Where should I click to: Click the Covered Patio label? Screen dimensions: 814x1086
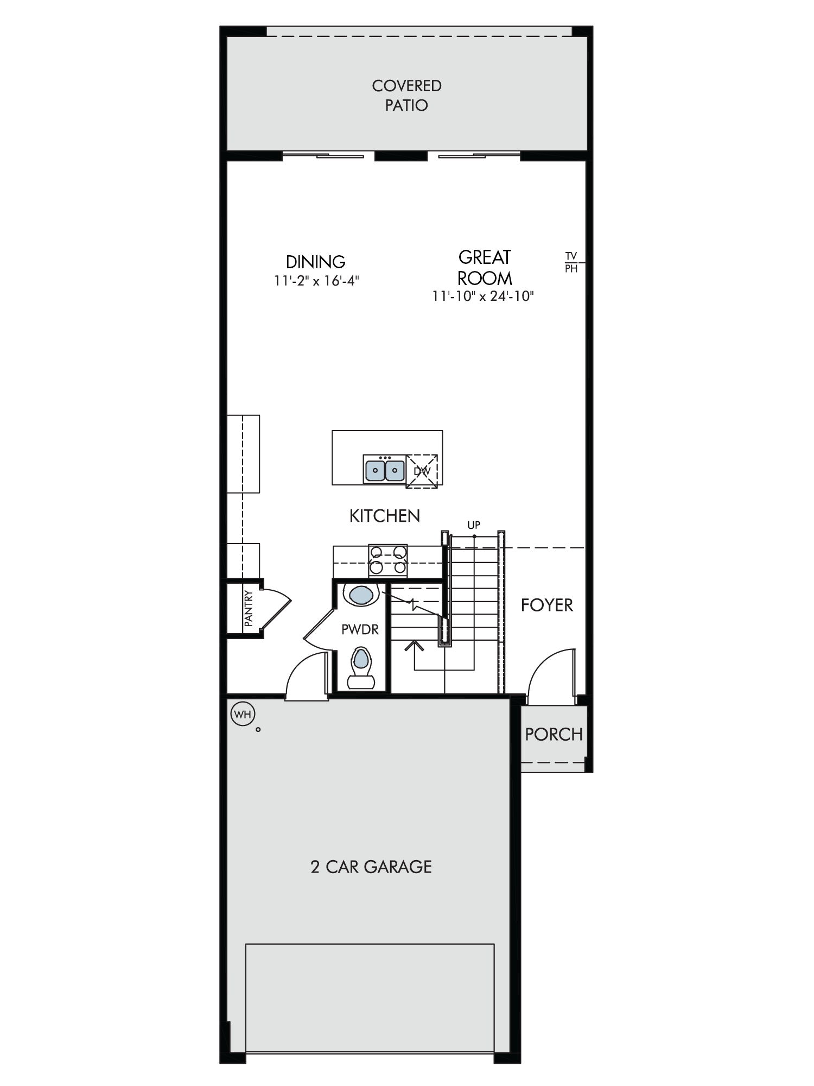click(406, 95)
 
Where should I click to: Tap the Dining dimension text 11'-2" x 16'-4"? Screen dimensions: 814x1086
click(317, 281)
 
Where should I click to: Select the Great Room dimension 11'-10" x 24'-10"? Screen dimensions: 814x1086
click(484, 296)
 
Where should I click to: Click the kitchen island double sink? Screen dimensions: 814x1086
click(385, 468)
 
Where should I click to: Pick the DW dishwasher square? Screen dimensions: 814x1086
click(422, 471)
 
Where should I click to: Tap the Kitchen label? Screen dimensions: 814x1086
click(385, 516)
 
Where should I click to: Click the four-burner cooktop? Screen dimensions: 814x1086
click(388, 560)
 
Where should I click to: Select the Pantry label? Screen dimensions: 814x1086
click(249, 608)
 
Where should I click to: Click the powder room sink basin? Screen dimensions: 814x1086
click(361, 595)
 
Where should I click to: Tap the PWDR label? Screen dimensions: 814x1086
click(360, 629)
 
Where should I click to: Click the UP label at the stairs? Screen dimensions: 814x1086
click(474, 525)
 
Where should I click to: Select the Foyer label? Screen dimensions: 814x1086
click(547, 605)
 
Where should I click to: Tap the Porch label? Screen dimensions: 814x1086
click(554, 734)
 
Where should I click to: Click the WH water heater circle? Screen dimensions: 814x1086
click(243, 714)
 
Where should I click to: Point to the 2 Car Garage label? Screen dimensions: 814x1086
click(371, 866)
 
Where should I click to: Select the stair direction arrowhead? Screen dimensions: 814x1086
click(414, 646)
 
